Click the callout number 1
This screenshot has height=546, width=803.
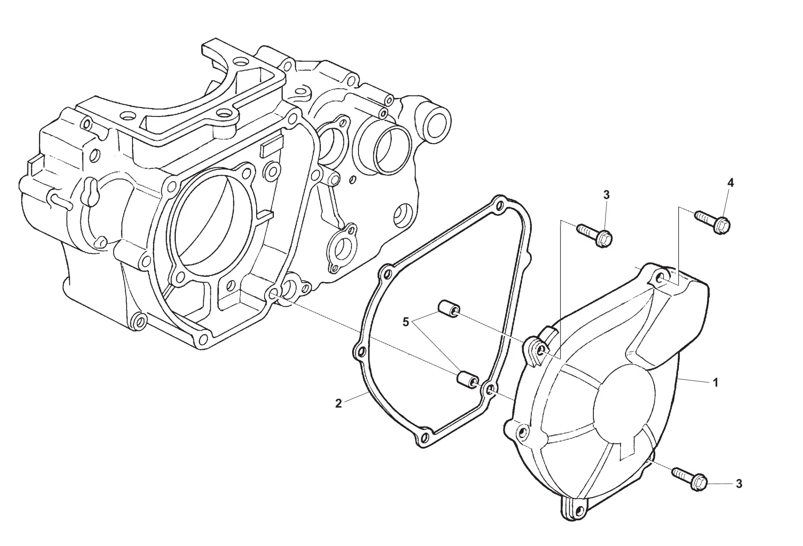coord(715,383)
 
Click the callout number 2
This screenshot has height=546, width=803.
coord(338,404)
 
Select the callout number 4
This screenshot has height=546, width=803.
coord(730,183)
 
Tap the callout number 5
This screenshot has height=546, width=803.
coord(406,322)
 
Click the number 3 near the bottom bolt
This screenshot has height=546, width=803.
coord(739,484)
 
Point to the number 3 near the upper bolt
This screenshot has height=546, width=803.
coord(606,195)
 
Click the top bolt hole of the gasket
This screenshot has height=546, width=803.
coord(499,207)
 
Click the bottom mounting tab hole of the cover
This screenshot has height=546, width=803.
coord(579,509)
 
